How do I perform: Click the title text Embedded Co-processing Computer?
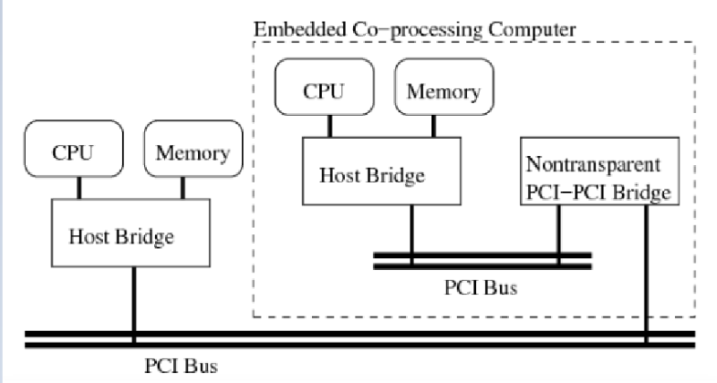(415, 27)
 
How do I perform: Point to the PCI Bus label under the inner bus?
(481, 290)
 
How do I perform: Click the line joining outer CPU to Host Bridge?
(80, 188)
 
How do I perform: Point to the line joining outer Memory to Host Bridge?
(184, 188)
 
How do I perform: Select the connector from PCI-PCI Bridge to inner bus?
(559, 230)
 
